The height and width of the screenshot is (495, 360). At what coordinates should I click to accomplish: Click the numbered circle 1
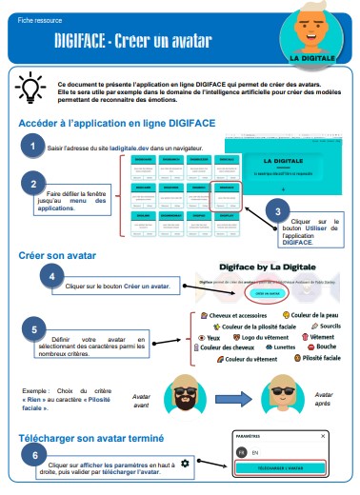[x=33, y=146]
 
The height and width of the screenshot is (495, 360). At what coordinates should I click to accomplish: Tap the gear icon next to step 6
[x=185, y=463]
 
